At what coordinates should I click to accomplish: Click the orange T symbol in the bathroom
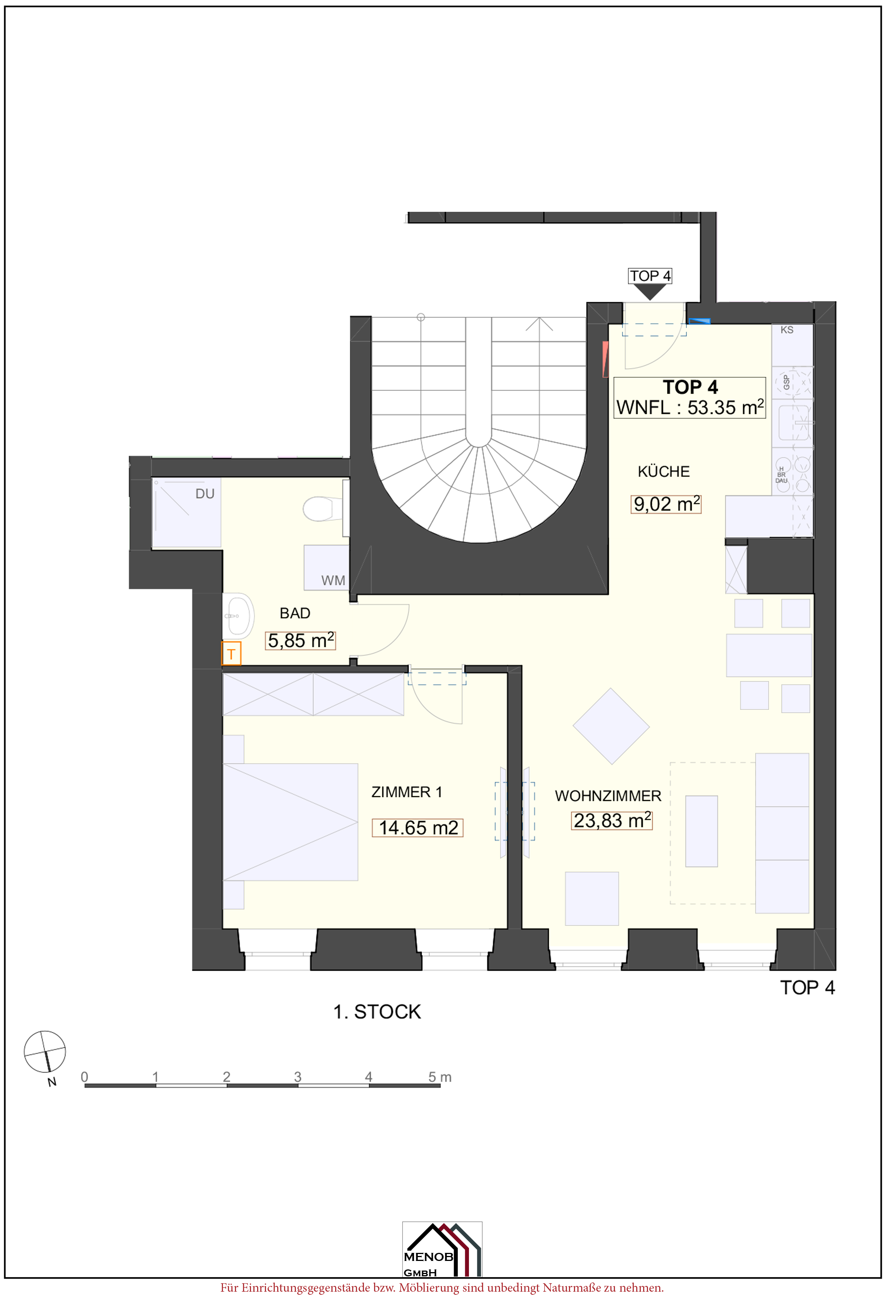tap(231, 654)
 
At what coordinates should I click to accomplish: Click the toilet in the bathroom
tap(322, 509)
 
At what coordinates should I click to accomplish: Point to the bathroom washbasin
tap(238, 616)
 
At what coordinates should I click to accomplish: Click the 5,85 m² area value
tap(301, 640)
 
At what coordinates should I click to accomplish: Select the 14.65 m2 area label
tap(418, 828)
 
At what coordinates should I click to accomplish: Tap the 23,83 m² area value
tap(612, 820)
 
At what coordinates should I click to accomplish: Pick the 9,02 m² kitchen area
tap(666, 504)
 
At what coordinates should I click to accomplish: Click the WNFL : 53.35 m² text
tap(690, 407)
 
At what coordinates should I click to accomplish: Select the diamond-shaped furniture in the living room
tap(611, 726)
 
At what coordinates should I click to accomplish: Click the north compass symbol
tap(45, 1051)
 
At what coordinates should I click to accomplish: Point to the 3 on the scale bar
tap(298, 1076)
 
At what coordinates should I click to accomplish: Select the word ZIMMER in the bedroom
tap(401, 792)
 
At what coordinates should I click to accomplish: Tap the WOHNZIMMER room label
tap(608, 796)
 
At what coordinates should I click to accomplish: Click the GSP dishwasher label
tap(786, 383)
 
